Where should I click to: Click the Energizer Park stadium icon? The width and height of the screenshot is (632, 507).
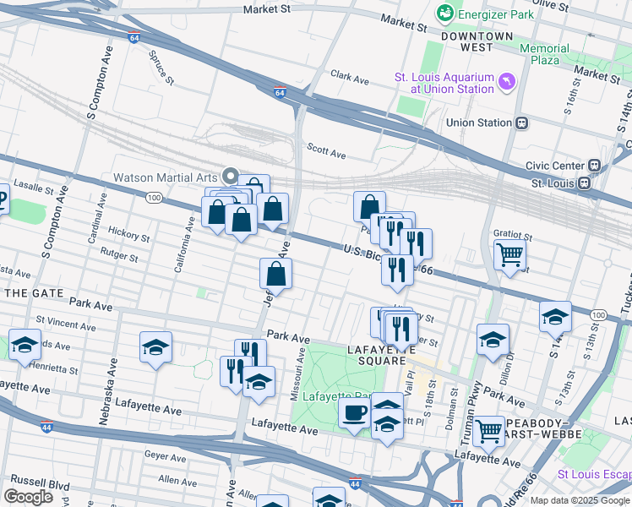(444, 14)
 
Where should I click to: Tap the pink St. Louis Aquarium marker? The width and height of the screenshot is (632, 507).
(507, 81)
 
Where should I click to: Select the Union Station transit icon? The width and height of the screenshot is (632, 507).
(522, 123)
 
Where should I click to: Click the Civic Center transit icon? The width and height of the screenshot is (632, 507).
(594, 166)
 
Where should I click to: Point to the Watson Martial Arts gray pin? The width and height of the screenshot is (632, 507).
(230, 177)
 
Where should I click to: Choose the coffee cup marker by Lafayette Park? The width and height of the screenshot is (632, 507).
(354, 413)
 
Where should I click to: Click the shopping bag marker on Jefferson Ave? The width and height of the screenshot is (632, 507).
(275, 274)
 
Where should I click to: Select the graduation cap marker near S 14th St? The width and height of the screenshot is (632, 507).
(555, 316)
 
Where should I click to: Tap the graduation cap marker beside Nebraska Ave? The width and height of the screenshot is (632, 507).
(155, 346)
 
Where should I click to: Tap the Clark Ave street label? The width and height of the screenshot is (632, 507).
(349, 78)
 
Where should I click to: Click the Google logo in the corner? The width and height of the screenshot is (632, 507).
(28, 496)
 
